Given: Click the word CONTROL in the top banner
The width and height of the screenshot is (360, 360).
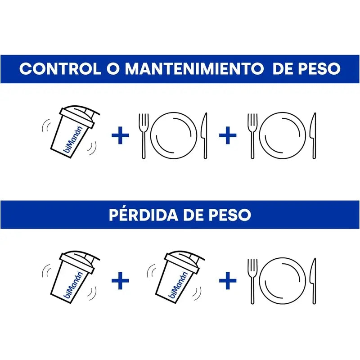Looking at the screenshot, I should coord(60,69).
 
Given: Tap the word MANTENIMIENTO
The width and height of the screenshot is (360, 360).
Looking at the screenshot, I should coord(193,69).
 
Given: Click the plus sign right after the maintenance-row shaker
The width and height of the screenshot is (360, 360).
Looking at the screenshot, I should coord(120,135).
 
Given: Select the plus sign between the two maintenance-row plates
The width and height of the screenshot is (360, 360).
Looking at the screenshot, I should coord(228,135).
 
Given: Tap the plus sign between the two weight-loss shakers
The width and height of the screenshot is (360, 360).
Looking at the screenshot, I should coord(120,281).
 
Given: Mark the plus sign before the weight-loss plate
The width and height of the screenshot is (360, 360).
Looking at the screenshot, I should coord(228,281).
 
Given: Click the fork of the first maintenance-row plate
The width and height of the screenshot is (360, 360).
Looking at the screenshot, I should coord(144,135).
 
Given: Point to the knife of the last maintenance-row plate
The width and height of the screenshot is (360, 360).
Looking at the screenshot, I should coord(314,135).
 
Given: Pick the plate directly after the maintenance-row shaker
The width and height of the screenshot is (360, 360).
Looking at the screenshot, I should coord(174,135).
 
